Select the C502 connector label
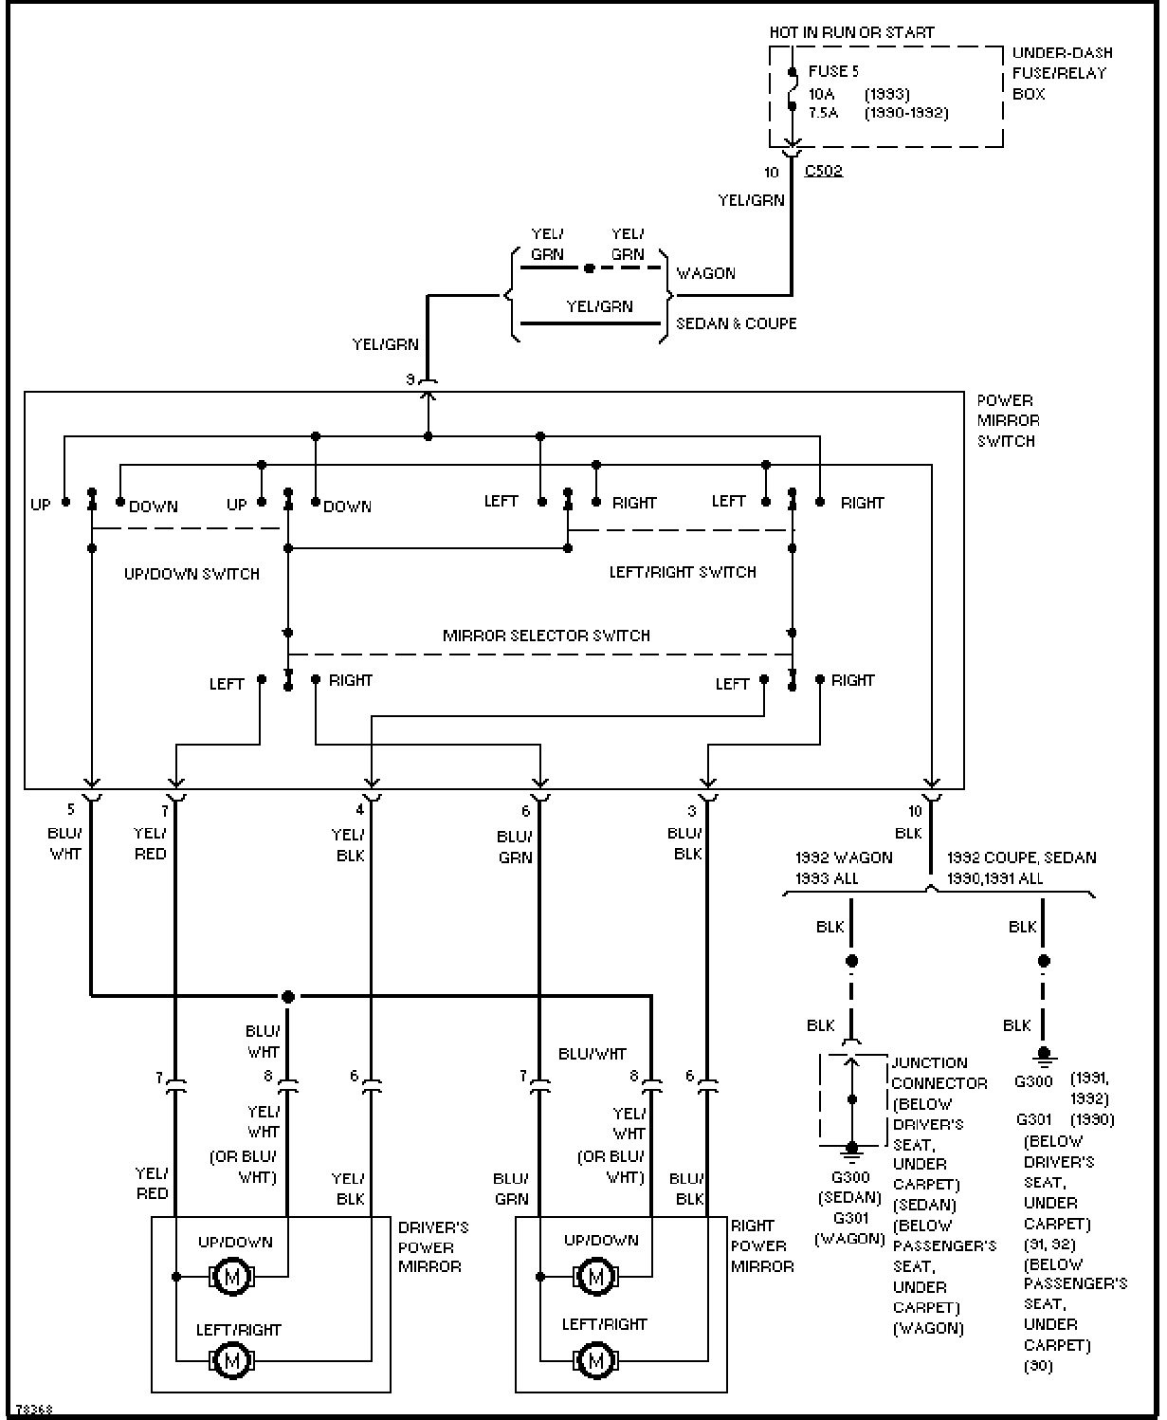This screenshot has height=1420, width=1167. coord(823,172)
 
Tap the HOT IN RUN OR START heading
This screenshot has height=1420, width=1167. coord(851,32)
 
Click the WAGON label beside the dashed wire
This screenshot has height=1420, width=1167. coord(705,273)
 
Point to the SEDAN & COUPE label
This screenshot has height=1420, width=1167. coord(736,323)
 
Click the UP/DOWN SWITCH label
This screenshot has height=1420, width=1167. coord(191,574)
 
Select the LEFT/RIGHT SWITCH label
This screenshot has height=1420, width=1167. coord(683,572)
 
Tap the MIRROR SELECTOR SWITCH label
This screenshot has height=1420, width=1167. coord(546,636)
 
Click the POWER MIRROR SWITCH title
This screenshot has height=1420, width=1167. coord(1008,420)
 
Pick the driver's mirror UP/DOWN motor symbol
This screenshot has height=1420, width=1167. coord(231,1277)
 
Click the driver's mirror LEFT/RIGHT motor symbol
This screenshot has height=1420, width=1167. coord(231,1361)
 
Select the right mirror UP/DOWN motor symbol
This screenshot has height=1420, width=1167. coord(595,1277)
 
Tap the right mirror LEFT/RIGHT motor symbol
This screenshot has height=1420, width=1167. coord(595,1361)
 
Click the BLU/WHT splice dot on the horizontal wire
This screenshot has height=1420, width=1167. coord(288,997)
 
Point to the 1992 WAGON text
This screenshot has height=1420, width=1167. coord(844,858)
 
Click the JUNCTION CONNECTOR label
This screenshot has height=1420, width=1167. coord(939,1073)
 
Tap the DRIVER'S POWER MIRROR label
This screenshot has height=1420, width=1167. coord(432,1246)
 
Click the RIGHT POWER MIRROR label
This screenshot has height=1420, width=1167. coord(761,1245)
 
